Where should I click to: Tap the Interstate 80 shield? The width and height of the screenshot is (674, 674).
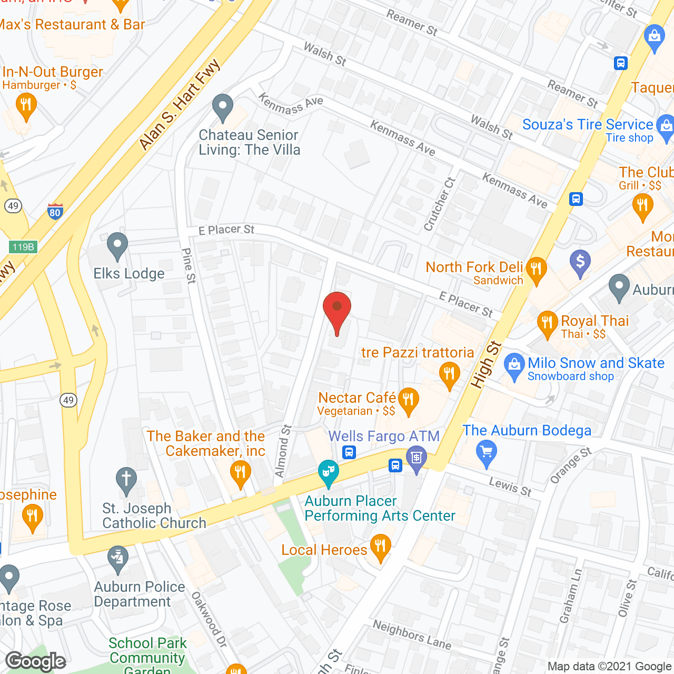click(55, 211)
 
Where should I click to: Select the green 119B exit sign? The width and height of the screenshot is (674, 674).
click(23, 246)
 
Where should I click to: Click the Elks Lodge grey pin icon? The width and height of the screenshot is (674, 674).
click(117, 245)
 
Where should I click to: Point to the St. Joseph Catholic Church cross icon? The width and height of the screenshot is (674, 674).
click(126, 480)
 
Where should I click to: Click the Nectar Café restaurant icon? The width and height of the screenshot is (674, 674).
click(408, 400)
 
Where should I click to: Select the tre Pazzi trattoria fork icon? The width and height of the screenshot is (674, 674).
click(449, 374)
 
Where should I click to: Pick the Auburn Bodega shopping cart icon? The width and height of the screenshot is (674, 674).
click(486, 453)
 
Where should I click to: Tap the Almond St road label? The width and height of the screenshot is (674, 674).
click(283, 451)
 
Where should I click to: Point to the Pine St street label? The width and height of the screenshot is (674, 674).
click(188, 266)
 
